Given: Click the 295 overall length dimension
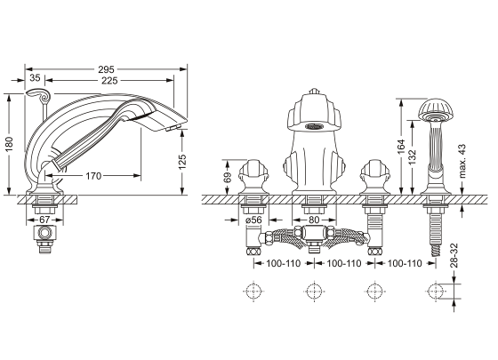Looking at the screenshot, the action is click(106, 69).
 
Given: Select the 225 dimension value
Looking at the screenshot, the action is click(109, 81).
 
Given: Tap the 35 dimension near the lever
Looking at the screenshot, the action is click(35, 77).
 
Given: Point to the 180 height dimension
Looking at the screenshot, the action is click(9, 144).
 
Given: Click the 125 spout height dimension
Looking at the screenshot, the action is click(182, 162).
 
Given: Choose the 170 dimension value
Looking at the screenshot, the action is click(93, 176).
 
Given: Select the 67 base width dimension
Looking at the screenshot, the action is click(44, 220).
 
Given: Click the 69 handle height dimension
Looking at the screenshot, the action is click(228, 178).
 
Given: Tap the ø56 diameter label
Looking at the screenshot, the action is click(253, 220).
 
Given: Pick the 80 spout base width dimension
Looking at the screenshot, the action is click(314, 220).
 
